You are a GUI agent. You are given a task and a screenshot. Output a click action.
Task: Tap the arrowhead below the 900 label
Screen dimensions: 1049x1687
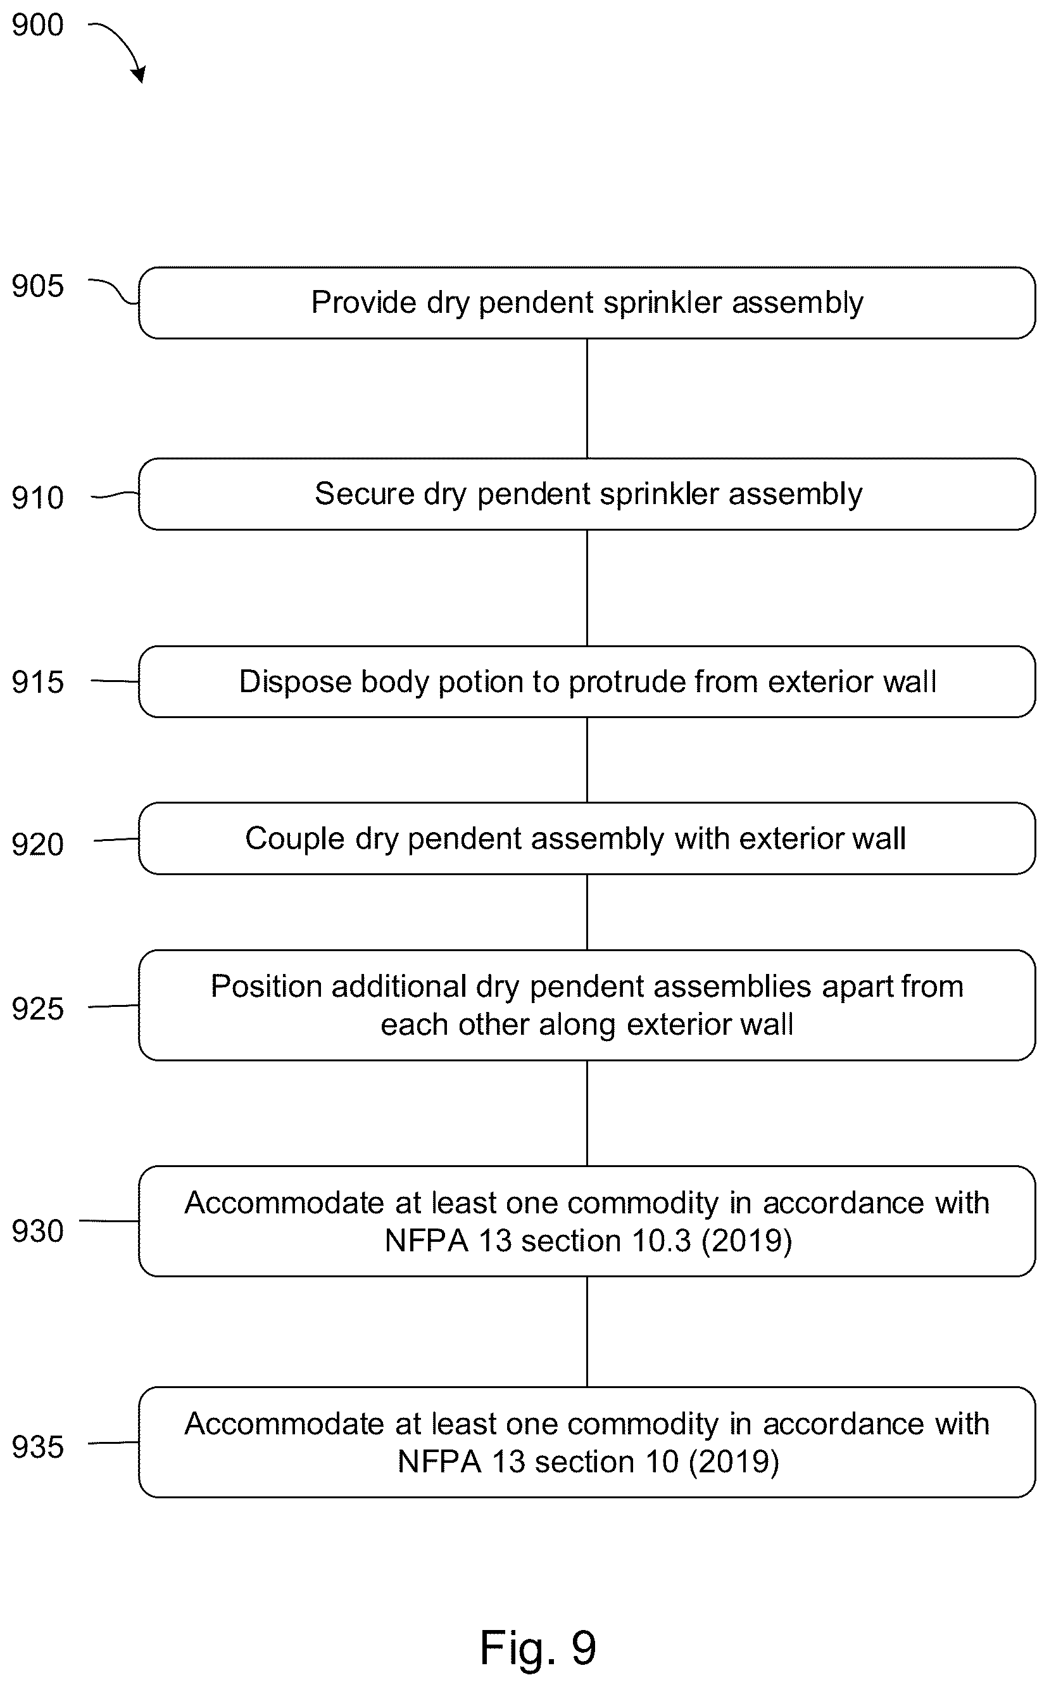[139, 73]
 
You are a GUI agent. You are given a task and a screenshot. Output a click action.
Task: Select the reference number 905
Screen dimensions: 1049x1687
[37, 286]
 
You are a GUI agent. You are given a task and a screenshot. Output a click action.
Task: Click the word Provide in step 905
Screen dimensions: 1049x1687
[363, 303]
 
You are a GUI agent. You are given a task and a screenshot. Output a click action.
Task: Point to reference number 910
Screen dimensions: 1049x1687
[37, 498]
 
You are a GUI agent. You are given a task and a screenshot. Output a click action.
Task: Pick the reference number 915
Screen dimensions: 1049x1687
[37, 682]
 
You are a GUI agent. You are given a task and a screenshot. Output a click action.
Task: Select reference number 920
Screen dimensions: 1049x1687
[37, 845]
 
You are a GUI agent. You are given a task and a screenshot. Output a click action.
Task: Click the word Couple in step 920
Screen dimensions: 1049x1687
[295, 839]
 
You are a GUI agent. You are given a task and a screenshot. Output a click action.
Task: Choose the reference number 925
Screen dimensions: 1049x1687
[37, 1009]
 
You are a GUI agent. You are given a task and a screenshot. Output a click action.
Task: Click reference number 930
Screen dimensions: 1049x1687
[37, 1231]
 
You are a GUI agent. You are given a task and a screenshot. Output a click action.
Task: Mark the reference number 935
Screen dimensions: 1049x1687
[37, 1447]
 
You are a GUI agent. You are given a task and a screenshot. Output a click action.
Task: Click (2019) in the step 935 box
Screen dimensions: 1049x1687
[733, 1462]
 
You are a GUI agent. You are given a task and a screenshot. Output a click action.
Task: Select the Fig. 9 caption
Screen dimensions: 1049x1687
[537, 1649]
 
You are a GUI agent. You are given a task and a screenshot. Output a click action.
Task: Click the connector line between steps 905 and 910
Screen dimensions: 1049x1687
[587, 398]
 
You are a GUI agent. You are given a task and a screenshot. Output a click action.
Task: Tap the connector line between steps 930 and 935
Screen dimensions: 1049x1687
[587, 1332]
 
